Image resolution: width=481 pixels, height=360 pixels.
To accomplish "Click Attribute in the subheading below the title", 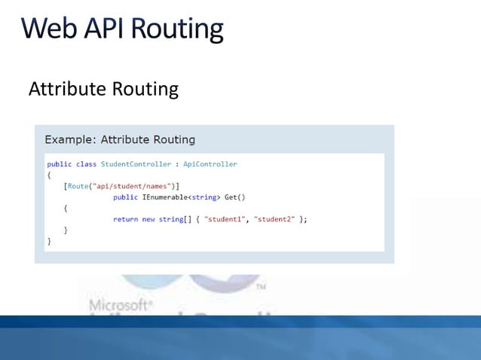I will pyautogui.click(x=67, y=89).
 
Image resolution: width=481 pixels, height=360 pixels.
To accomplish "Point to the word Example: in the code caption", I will pyautogui.click(x=70, y=139).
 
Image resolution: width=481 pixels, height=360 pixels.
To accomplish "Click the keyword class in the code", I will pyautogui.click(x=86, y=164).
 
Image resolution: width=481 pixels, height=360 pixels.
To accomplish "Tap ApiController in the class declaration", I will pyautogui.click(x=210, y=164).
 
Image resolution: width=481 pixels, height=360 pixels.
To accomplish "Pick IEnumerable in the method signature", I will pyautogui.click(x=164, y=197).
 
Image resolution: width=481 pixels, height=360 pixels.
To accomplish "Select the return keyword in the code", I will pyautogui.click(x=125, y=219).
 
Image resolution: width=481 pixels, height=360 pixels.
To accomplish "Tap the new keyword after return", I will pyautogui.click(x=149, y=219).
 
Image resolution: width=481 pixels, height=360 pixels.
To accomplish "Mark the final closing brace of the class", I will pyautogui.click(x=49, y=242).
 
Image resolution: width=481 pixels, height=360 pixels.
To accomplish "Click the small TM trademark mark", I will pyautogui.click(x=260, y=287).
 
